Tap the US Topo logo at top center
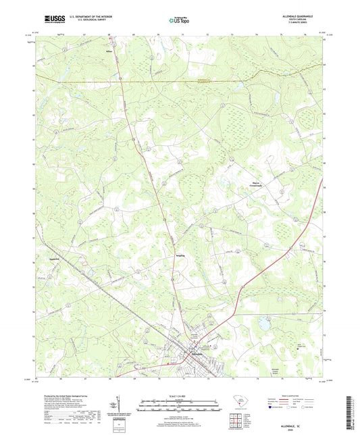[x=180, y=21]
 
